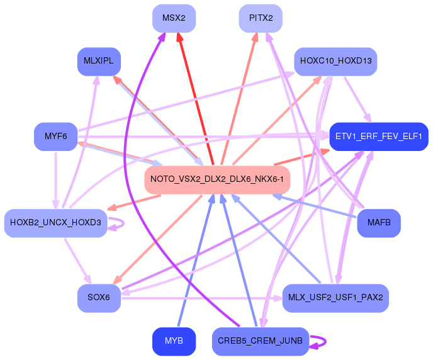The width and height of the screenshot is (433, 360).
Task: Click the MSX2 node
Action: [174, 18]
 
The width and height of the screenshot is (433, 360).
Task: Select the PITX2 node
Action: [261, 18]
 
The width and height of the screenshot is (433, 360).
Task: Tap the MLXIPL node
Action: [99, 62]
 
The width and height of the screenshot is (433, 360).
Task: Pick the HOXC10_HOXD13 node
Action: [335, 62]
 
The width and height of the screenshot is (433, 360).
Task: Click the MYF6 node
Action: [55, 137]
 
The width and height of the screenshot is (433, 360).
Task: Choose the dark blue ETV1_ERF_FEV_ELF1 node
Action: [379, 137]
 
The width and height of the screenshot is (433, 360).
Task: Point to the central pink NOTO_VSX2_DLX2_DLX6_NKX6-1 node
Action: [216, 180]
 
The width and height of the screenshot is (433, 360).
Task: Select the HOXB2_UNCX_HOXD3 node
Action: [55, 223]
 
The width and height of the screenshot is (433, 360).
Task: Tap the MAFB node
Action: [378, 223]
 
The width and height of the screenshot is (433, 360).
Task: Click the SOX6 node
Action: [99, 298]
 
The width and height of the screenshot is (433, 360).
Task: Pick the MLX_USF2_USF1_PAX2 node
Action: [335, 298]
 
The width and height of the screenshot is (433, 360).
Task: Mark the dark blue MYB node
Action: [174, 341]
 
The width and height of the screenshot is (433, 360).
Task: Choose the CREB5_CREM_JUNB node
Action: [261, 341]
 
